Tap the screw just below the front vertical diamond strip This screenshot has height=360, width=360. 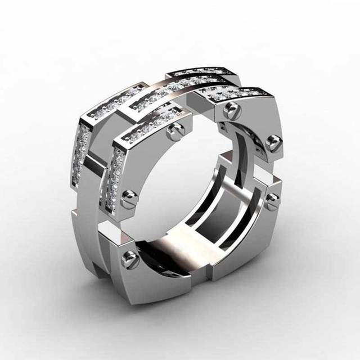pyautogui.click(x=128, y=197)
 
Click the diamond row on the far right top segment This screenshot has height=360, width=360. pyautogui.click(x=236, y=93)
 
